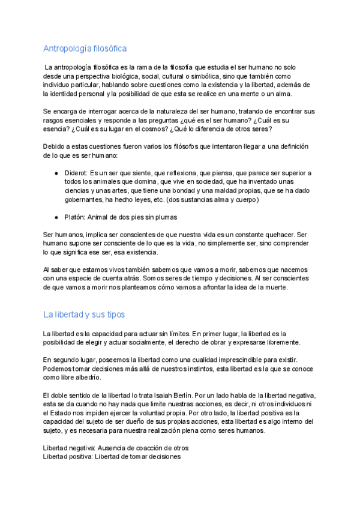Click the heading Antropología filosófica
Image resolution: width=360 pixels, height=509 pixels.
[x=85, y=49]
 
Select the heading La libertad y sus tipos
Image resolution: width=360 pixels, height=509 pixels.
[x=84, y=314]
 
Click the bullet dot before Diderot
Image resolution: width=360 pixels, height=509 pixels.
[x=56, y=173]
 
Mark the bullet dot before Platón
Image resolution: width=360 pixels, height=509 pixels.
[x=56, y=217]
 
